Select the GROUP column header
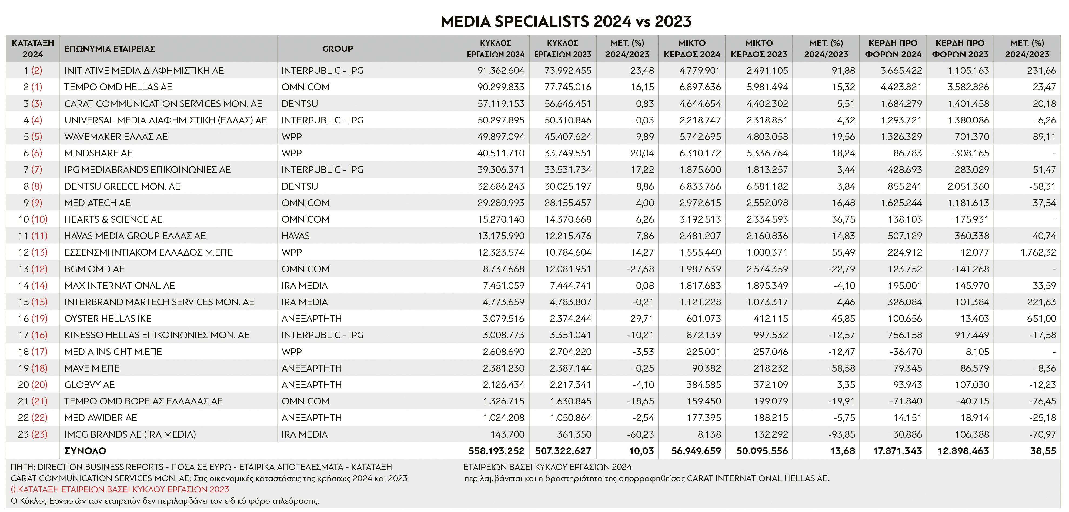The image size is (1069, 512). coord(338,49)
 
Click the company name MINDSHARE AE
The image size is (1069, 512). coord(98,153)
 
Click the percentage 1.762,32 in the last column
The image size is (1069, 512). coord(1038,252)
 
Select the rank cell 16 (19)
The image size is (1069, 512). coord(33,318)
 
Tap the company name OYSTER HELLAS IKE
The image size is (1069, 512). coord(108,318)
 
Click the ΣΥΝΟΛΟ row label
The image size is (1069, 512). coord(85,451)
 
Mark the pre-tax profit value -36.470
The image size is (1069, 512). coord(906,352)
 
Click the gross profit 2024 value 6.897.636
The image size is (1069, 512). coord(700,87)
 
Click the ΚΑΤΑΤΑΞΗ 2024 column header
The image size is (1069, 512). coord(33,49)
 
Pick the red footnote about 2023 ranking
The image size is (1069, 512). coord(120,489)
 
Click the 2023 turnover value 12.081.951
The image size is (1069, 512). coord(568,269)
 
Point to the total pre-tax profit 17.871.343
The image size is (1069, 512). coord(897,451)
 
